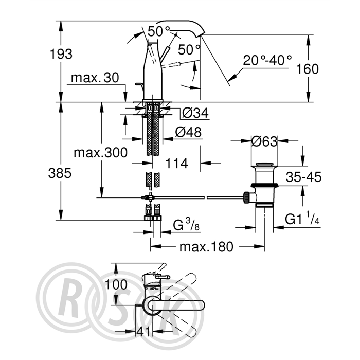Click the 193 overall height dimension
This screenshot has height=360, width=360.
coord(61,54)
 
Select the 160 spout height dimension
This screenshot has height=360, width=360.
coord(308,68)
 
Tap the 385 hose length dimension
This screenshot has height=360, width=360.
coord(60,173)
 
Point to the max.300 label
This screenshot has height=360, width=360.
coord(100,152)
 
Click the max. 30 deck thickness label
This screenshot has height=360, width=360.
coord(95,78)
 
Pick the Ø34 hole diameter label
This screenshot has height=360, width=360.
coord(195,113)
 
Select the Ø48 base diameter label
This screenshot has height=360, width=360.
coord(188,132)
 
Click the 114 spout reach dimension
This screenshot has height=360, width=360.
coord(176,163)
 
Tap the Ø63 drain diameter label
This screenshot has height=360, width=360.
coord(264,141)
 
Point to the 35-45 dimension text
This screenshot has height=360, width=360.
coord(303,177)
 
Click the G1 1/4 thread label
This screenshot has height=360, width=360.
coord(302,219)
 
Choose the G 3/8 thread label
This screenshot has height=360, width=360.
coord(186,225)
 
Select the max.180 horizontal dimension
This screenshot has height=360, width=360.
coord(206,247)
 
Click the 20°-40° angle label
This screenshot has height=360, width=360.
coord(267,60)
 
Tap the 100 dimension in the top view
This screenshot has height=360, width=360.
coord(116,284)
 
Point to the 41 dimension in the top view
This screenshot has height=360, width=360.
coord(143,331)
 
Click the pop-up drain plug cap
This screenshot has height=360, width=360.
coord(264,164)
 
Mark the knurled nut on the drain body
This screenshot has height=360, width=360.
coord(246,197)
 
